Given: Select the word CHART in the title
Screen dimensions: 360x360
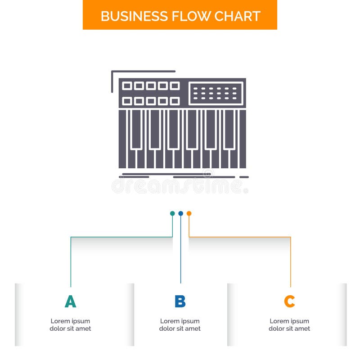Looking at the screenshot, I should (x=237, y=16).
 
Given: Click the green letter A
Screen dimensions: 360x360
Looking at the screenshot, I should (x=70, y=301).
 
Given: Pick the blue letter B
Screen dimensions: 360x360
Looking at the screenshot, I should (x=180, y=301).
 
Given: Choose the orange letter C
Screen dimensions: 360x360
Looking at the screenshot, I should (x=289, y=301).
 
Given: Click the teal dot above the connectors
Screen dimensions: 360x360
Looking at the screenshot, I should (x=172, y=213).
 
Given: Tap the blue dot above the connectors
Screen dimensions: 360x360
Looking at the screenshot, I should (x=180, y=213).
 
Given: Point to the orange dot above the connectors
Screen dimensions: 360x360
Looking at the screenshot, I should (x=189, y=213).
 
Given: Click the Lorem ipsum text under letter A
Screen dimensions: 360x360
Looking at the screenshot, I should (x=70, y=325).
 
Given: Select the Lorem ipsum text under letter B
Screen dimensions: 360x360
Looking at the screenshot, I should (x=180, y=325).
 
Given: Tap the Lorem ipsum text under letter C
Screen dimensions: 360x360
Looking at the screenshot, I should (x=289, y=325).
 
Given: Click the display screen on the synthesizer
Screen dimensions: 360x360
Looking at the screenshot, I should (x=216, y=93).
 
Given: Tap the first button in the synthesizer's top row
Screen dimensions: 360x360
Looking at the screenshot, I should (x=127, y=85).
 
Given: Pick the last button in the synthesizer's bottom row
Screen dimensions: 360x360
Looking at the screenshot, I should (x=175, y=101).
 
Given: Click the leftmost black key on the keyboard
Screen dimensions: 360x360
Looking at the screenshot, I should (x=136, y=129).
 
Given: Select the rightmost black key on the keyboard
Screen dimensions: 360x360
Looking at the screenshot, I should (x=229, y=129).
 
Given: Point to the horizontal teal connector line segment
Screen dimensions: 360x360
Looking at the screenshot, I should (x=121, y=237).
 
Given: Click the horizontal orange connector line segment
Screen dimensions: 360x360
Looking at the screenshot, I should (x=240, y=237).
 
